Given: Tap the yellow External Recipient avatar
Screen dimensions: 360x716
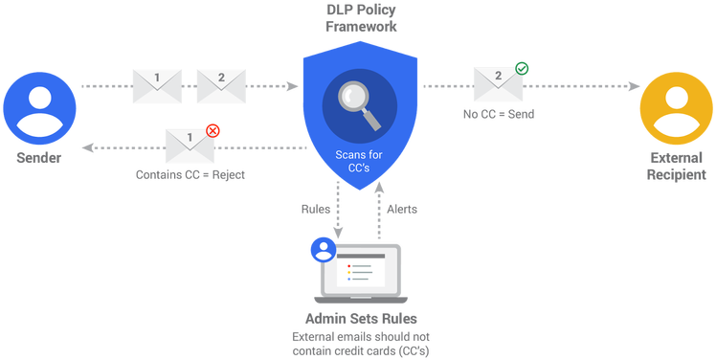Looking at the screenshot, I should point(676,106).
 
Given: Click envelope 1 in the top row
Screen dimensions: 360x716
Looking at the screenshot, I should point(156,85).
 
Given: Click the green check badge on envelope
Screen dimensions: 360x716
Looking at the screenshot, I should point(521,68).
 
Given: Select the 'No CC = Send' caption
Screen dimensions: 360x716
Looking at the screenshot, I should point(497,114).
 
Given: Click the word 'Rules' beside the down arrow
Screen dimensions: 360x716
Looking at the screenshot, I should point(317,208).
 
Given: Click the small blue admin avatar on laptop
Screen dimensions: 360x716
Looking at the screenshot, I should point(323,249).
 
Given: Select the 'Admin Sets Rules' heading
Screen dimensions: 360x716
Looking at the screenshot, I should point(360,319).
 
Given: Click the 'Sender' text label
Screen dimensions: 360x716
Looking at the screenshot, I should point(39,157).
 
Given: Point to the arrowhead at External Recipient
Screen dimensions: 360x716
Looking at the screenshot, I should point(635,86).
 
